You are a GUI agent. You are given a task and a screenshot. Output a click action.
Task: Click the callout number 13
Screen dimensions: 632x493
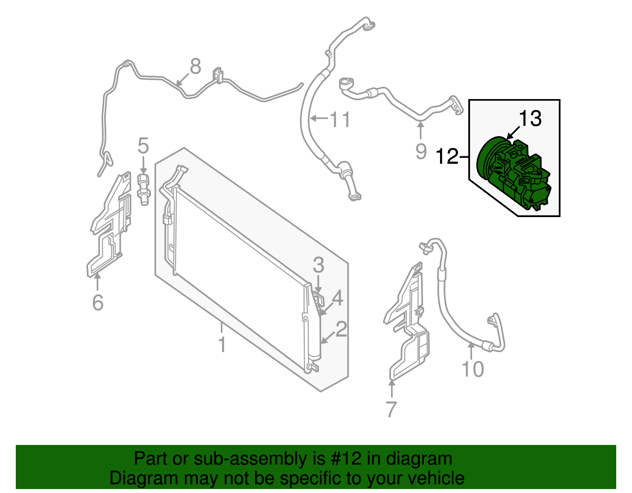coord(530,118)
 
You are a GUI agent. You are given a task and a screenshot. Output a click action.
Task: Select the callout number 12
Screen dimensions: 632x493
coord(447,156)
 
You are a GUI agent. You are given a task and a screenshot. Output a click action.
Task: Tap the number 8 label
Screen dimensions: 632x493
coord(196,66)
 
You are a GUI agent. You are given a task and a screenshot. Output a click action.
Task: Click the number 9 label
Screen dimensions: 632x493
coord(421,151)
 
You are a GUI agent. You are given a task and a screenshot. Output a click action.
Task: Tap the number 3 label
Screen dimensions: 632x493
coord(318,265)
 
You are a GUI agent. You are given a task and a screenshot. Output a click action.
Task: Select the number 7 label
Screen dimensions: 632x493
coord(391,409)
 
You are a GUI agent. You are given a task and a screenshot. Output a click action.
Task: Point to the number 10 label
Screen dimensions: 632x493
coord(473,369)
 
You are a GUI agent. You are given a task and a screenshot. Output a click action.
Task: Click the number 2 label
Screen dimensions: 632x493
coord(341,329)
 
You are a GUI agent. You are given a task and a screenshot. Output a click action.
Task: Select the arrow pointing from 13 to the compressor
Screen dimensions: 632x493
coord(513,133)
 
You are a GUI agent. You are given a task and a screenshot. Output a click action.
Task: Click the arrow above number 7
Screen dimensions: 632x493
coord(392,388)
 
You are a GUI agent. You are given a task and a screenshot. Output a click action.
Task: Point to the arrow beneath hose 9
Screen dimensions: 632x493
coord(421,130)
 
